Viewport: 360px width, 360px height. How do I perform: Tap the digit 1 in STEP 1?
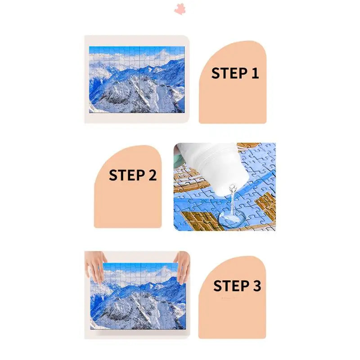point(255,73)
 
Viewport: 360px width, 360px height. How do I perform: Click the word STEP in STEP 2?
point(126,175)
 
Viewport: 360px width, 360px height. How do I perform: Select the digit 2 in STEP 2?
point(152,175)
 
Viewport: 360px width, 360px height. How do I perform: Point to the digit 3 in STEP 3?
point(256,286)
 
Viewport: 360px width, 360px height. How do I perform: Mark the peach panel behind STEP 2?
point(128,202)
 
